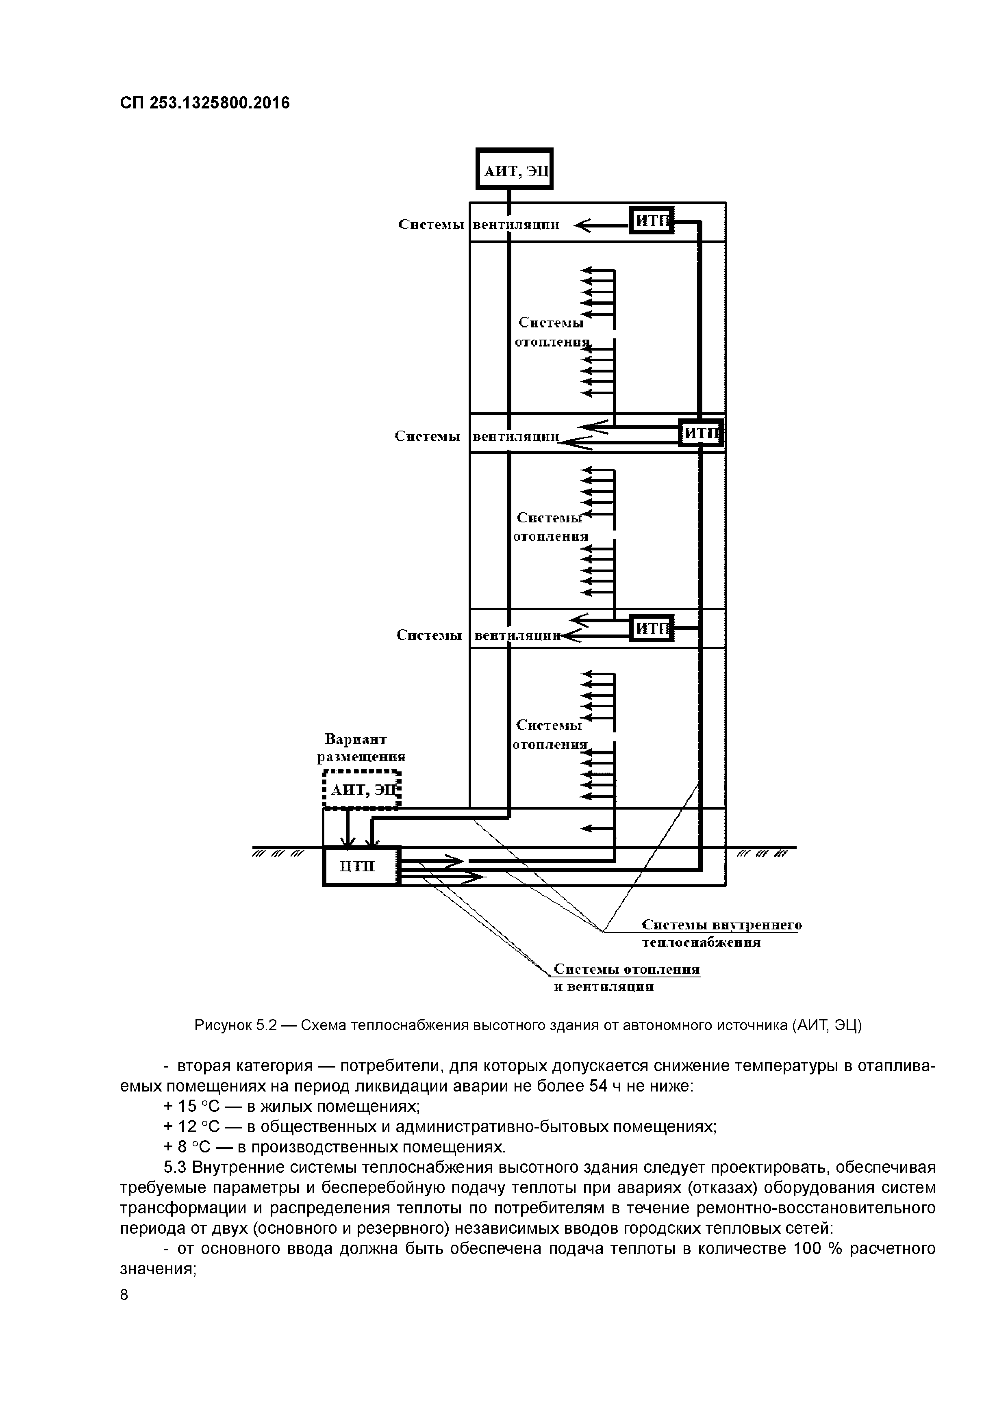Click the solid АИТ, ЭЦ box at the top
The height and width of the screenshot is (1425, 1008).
(514, 169)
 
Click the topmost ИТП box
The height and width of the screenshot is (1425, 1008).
(652, 220)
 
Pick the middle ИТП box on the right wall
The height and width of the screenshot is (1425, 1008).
(701, 433)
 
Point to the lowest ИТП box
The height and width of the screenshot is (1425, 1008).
(652, 629)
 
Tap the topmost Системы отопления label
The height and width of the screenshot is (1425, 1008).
(552, 332)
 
